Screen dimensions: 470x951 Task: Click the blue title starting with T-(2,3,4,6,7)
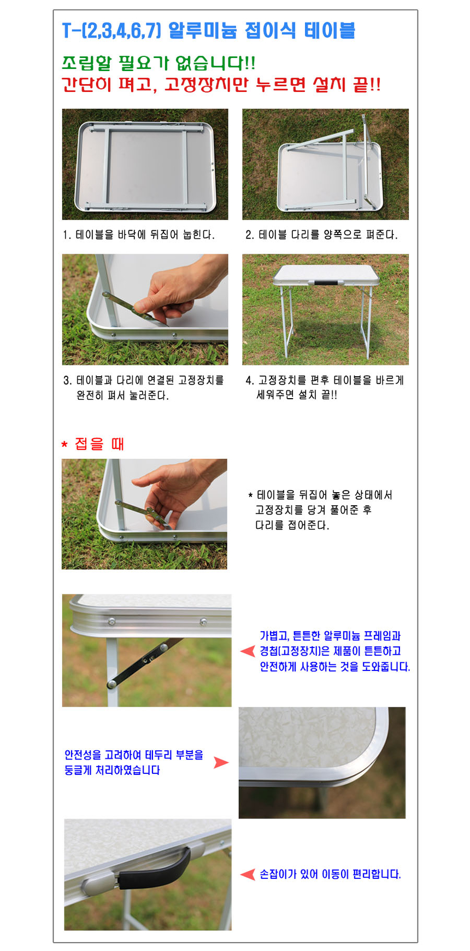pyautogui.click(x=209, y=30)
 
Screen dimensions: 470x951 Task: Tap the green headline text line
pyautogui.click(x=158, y=63)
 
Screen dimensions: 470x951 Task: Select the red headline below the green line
pyautogui.click(x=221, y=85)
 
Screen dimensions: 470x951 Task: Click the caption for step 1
pyautogui.click(x=139, y=235)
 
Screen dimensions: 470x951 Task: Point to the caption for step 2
pyautogui.click(x=321, y=235)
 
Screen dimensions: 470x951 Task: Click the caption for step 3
pyautogui.click(x=144, y=387)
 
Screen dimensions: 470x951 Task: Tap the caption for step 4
pyautogui.click(x=325, y=387)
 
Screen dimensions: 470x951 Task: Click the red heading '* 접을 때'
pyautogui.click(x=93, y=444)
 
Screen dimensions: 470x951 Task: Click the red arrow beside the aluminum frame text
pyautogui.click(x=248, y=651)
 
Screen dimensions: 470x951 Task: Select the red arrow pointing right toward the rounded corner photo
pyautogui.click(x=221, y=762)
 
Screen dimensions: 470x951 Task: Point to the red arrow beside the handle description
pyautogui.click(x=248, y=874)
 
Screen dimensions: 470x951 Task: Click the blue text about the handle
pyautogui.click(x=330, y=874)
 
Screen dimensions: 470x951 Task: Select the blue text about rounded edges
pyautogui.click(x=134, y=762)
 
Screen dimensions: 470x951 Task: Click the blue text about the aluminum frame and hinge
pyautogui.click(x=334, y=651)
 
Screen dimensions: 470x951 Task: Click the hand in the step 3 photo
pyautogui.click(x=180, y=290)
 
